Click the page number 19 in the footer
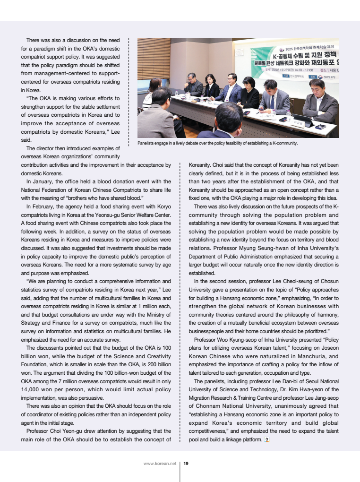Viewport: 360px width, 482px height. click(x=186, y=464)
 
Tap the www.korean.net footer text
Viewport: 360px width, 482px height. click(x=160, y=464)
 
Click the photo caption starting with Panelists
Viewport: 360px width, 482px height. click(x=217, y=143)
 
